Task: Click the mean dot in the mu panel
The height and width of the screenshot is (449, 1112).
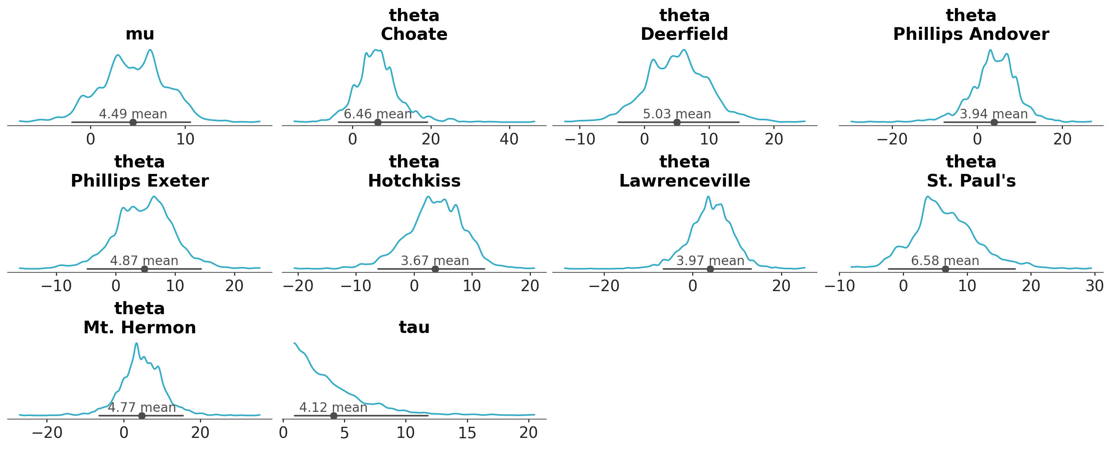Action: click(133, 122)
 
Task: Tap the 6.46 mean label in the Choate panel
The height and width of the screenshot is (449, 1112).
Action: click(378, 114)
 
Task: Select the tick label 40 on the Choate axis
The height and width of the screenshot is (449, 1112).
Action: click(509, 139)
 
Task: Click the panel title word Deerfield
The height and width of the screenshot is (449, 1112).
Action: click(684, 34)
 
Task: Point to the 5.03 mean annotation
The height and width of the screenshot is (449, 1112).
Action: click(676, 114)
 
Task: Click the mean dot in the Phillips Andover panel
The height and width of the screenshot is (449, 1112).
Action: click(994, 122)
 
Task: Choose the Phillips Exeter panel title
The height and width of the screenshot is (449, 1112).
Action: click(139, 180)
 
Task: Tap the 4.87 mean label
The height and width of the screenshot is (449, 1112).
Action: click(144, 261)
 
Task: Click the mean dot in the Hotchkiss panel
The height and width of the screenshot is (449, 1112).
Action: click(435, 269)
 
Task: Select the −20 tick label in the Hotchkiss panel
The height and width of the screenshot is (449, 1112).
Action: click(298, 286)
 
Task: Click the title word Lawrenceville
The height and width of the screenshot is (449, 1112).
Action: click(684, 180)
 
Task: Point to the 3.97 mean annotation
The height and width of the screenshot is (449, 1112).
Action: click(710, 261)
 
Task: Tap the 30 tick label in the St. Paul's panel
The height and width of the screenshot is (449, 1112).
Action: click(1094, 286)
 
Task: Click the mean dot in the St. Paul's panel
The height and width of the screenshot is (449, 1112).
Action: click(945, 269)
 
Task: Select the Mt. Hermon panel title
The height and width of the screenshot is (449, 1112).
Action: click(139, 327)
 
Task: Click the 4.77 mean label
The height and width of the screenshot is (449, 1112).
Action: click(142, 407)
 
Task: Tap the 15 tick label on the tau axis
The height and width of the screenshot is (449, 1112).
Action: click(467, 433)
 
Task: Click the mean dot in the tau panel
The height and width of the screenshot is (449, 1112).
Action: click(333, 415)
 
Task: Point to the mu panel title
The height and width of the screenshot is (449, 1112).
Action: click(139, 34)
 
